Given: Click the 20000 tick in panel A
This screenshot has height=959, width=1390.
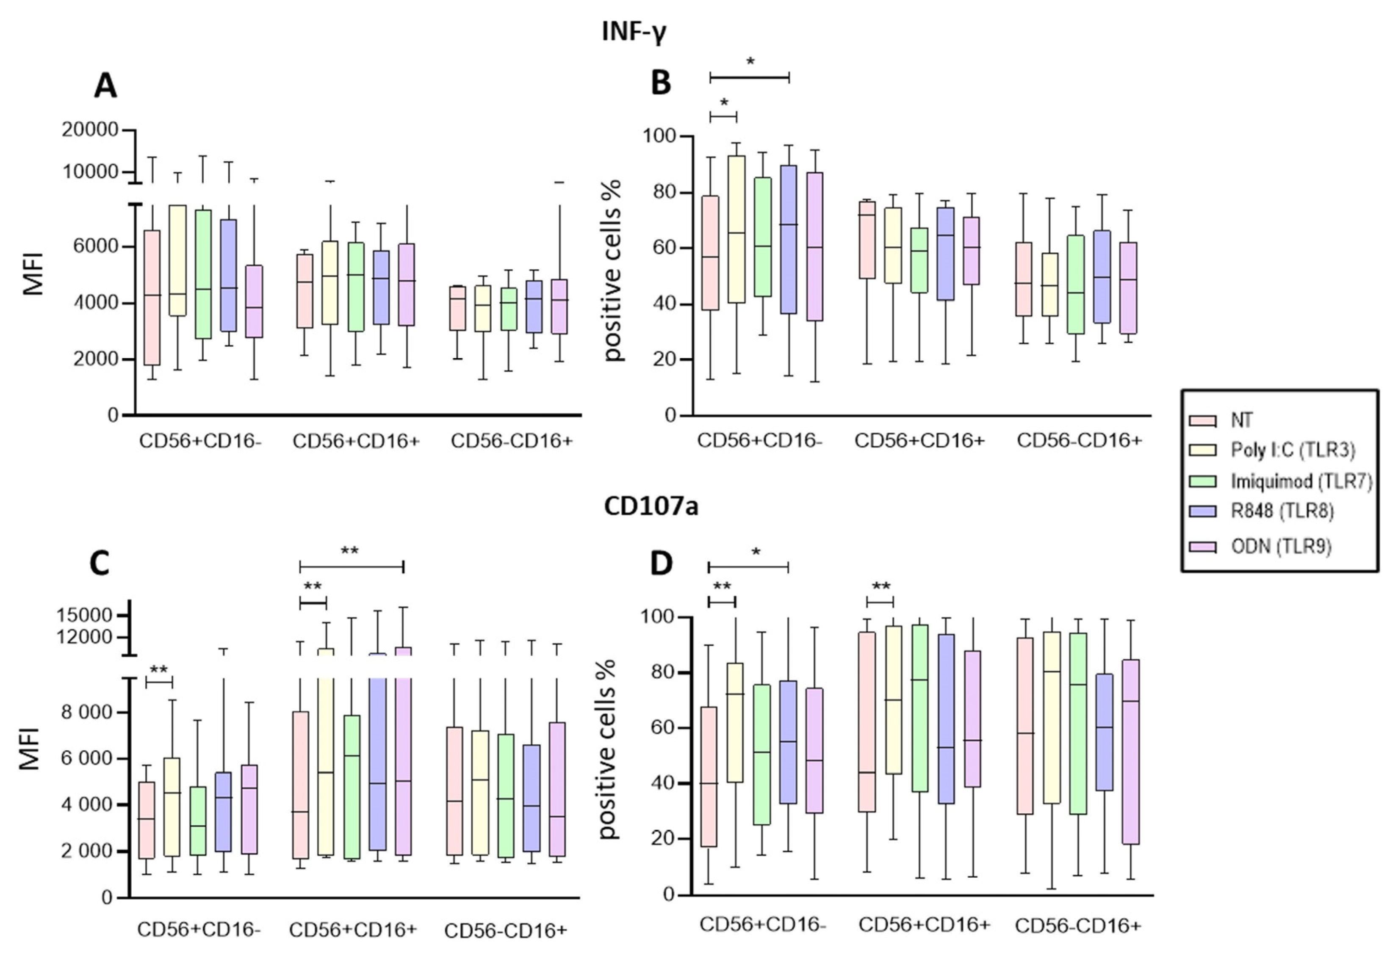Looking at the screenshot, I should (x=90, y=130).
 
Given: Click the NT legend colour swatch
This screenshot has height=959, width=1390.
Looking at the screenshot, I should (x=1202, y=420).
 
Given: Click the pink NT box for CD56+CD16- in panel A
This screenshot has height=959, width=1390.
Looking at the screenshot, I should (x=152, y=297).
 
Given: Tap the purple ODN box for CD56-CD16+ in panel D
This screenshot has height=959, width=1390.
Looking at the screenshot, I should (x=1130, y=752).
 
